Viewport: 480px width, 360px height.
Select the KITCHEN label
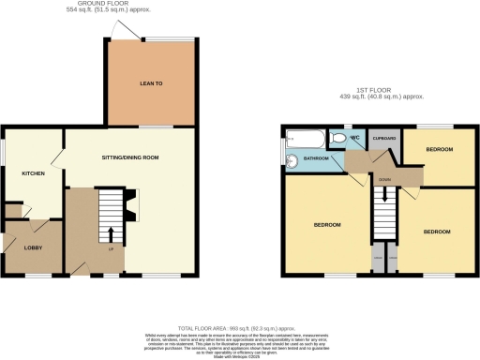(35, 173)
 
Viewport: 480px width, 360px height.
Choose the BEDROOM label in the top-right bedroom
(439, 150)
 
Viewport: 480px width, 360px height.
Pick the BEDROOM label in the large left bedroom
(327, 225)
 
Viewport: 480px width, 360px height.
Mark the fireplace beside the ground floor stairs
(130, 205)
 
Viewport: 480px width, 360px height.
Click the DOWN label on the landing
(384, 177)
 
